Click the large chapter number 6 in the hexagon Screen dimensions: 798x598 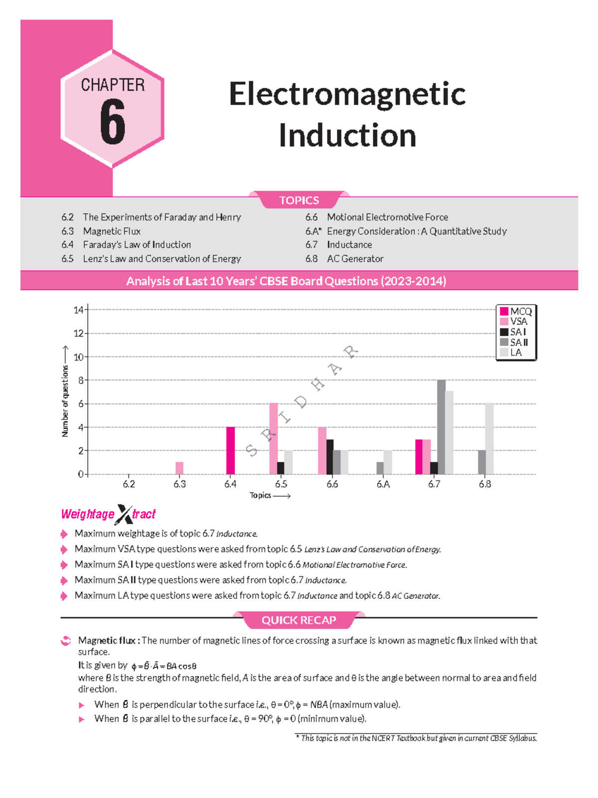(x=113, y=121)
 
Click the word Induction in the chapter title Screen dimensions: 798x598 (x=347, y=135)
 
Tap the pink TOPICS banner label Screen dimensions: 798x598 (x=299, y=200)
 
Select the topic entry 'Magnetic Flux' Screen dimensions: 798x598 (x=112, y=231)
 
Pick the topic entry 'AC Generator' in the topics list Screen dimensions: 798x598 (x=355, y=258)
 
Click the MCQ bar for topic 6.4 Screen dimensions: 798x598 (x=230, y=451)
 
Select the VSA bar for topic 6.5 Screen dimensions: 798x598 (x=274, y=439)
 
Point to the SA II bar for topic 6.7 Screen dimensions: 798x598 (x=441, y=427)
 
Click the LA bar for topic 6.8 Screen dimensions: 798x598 (x=489, y=439)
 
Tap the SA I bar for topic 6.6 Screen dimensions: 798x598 (x=330, y=457)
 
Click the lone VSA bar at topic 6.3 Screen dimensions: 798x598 (x=179, y=468)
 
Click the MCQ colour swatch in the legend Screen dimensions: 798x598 (x=504, y=312)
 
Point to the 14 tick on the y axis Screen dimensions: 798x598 (x=78, y=310)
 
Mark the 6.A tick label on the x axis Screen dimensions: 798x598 (x=383, y=484)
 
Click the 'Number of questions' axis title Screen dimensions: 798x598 (x=65, y=401)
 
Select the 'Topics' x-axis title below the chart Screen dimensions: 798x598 (x=261, y=495)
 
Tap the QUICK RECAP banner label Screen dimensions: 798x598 (x=299, y=620)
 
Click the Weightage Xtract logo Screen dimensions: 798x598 (x=109, y=514)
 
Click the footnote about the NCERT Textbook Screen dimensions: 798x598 (x=417, y=738)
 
